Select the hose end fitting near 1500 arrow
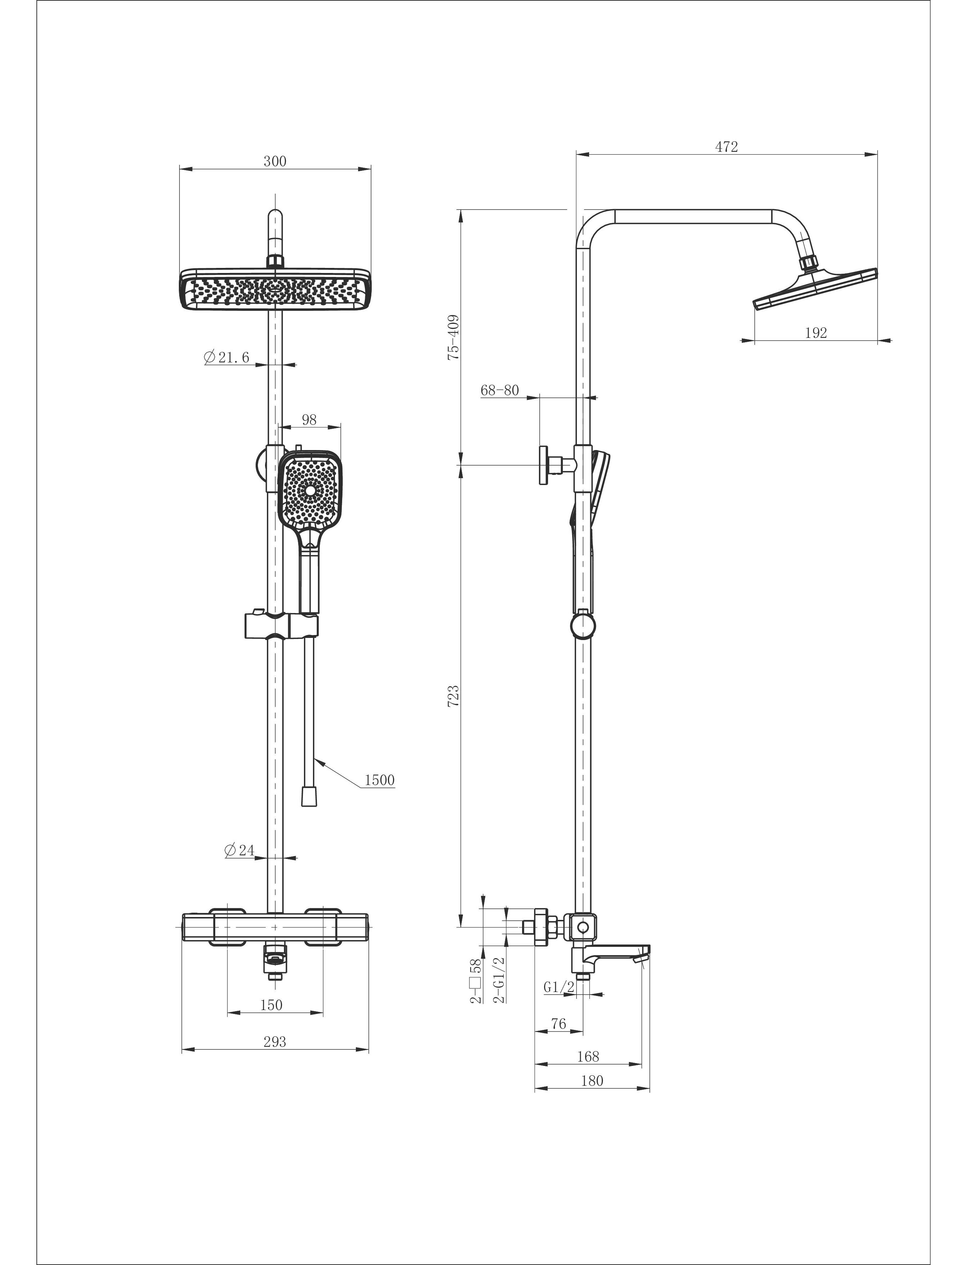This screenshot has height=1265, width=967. pyautogui.click(x=309, y=797)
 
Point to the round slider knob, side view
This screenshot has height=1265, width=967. pyautogui.click(x=583, y=626)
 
